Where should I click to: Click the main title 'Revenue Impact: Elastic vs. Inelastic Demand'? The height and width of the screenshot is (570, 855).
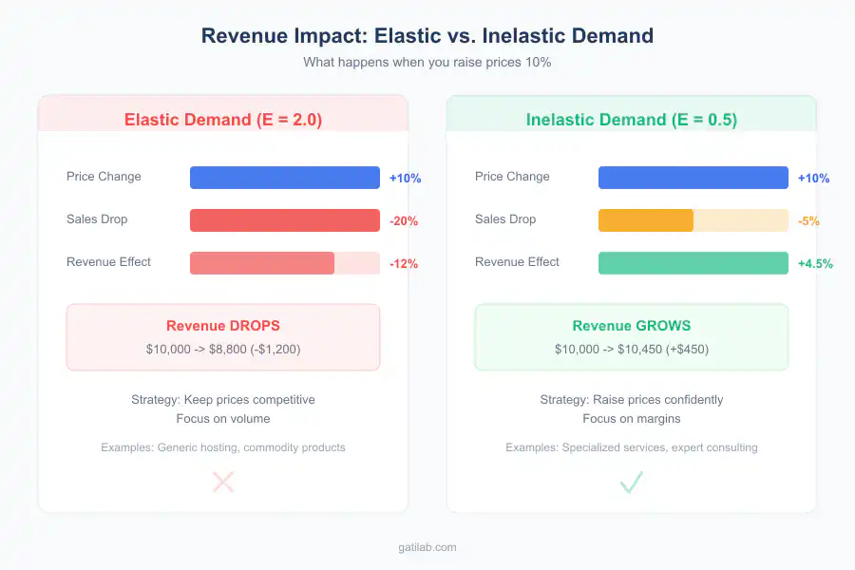[x=427, y=36]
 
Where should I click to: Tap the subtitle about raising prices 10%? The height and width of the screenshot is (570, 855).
[x=427, y=62]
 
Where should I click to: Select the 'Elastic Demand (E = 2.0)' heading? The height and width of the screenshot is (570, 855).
[x=223, y=120]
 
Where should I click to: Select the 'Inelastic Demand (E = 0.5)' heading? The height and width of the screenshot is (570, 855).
[x=632, y=120]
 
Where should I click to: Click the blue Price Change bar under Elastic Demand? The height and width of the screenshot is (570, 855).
[x=285, y=178]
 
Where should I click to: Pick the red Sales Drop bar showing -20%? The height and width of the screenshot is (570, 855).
[x=285, y=220]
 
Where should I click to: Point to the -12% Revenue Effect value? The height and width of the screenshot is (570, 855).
[x=403, y=264]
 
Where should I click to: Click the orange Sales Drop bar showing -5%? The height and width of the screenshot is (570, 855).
[x=646, y=220]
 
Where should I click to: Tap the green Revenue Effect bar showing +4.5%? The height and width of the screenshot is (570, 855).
[x=693, y=263]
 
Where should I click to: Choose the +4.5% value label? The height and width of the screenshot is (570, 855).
[x=814, y=264]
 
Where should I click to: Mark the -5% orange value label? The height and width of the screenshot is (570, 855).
[x=807, y=221]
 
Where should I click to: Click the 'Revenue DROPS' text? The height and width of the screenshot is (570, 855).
[x=223, y=326]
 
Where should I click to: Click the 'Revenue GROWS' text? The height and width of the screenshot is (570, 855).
[x=632, y=326]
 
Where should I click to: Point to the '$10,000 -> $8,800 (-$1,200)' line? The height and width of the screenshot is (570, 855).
[x=223, y=349]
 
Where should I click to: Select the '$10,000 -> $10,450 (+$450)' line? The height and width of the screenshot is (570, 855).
[x=632, y=349]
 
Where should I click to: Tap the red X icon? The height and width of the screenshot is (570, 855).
[x=223, y=483]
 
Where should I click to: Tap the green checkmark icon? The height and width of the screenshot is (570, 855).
[x=632, y=483]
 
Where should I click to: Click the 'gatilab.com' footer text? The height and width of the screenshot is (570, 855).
[x=427, y=547]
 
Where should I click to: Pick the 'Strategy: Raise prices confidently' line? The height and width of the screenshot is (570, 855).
[x=632, y=399]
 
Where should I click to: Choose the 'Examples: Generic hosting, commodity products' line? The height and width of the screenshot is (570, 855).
[x=223, y=446]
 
